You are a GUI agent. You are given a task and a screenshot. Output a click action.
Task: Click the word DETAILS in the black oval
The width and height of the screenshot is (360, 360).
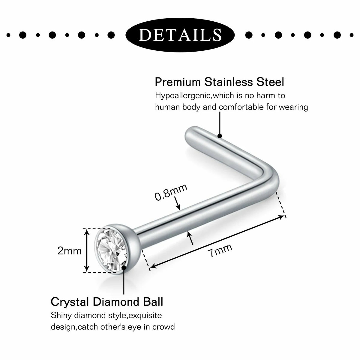(x=180, y=35)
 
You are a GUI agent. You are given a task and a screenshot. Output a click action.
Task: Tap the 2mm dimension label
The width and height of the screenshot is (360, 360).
(x=70, y=251)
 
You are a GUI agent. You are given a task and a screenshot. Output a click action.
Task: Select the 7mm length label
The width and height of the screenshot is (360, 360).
(x=220, y=250)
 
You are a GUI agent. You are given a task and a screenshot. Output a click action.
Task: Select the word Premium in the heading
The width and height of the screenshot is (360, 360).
(x=178, y=82)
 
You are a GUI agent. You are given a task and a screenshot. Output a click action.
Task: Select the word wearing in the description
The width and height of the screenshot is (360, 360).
(x=293, y=107)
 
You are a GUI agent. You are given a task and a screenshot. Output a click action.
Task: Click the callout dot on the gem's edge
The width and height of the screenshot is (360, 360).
(x=124, y=268)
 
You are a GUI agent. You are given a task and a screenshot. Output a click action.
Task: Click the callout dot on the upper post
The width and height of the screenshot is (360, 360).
(x=220, y=136)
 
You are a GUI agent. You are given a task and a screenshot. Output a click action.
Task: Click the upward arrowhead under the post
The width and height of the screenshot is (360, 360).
(x=190, y=234)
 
